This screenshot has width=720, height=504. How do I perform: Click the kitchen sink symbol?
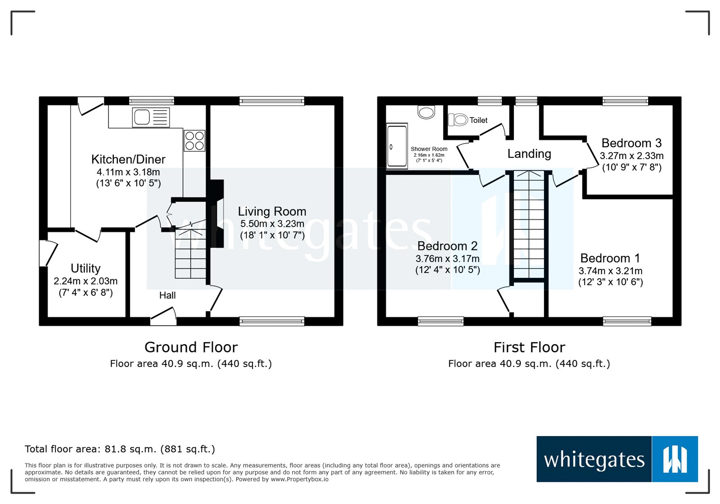(x=151, y=117)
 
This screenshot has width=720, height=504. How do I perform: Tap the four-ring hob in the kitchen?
(x=194, y=141)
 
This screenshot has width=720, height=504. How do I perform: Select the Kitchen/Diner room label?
(x=128, y=159)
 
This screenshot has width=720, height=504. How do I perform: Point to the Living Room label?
(x=272, y=211)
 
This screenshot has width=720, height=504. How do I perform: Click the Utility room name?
(x=85, y=268)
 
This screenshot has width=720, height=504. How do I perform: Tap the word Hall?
(x=167, y=295)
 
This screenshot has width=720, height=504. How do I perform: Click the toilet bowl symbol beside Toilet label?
(x=458, y=120)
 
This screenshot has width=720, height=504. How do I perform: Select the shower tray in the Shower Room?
(x=397, y=146)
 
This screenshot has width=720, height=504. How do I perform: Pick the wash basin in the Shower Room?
(x=426, y=112)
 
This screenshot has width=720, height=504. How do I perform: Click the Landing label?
(x=529, y=154)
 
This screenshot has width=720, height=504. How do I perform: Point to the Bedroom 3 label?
(x=631, y=143)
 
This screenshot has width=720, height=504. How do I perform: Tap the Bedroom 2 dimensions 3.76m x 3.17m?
(x=447, y=259)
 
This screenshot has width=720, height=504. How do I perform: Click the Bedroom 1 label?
(x=610, y=258)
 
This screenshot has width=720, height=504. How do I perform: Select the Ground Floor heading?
(x=191, y=347)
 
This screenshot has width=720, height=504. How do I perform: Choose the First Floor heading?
(x=529, y=347)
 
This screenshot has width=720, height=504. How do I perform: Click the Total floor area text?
(x=120, y=449)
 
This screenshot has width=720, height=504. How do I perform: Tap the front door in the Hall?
(x=163, y=317)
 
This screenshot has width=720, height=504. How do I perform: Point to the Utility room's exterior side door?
(x=48, y=253)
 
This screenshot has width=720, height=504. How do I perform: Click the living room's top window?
(x=272, y=101)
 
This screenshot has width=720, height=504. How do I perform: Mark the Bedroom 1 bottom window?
(x=627, y=321)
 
